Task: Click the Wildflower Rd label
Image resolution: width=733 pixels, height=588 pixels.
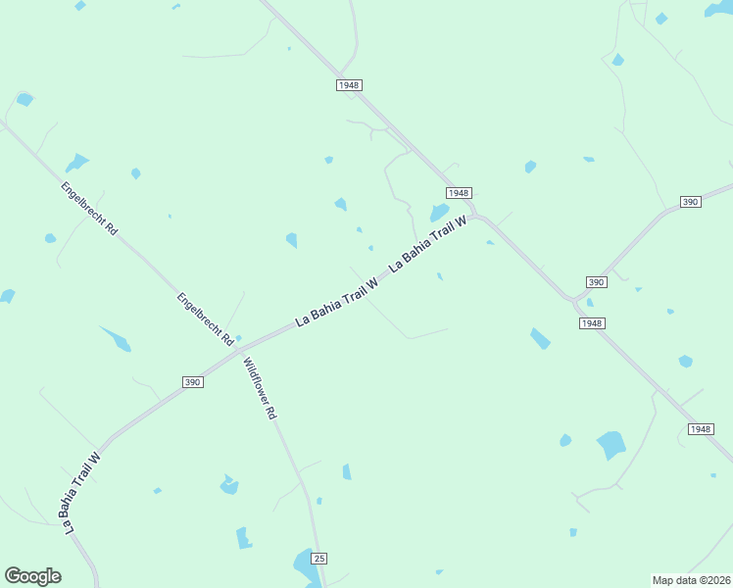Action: [x=261, y=388]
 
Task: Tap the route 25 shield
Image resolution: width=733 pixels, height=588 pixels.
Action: [x=318, y=558]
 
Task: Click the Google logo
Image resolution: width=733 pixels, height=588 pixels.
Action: [x=32, y=576]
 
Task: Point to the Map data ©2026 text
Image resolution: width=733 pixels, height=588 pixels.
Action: [x=691, y=579]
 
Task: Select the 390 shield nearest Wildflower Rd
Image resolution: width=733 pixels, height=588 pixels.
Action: [x=193, y=381]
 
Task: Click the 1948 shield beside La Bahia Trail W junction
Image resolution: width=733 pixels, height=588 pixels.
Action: [x=459, y=193]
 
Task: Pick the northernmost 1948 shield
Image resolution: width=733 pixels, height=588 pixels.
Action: [x=349, y=85]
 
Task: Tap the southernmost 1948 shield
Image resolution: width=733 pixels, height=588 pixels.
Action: [x=700, y=429]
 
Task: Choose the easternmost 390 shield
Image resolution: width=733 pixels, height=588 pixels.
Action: [x=690, y=202]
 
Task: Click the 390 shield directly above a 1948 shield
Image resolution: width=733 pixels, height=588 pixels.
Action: [x=597, y=281]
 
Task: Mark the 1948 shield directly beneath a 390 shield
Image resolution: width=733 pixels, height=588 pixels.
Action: [x=592, y=322]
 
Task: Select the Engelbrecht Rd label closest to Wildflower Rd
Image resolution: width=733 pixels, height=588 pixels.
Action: [x=205, y=318]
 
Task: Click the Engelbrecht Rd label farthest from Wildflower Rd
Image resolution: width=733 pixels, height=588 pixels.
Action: [x=89, y=208]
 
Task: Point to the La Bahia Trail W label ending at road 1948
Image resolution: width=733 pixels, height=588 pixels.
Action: [x=428, y=244]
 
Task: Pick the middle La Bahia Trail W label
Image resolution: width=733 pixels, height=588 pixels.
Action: [x=336, y=302]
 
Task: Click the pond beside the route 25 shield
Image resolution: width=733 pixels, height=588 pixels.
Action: [x=304, y=563]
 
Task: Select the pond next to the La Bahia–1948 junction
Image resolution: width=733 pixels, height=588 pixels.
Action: [x=439, y=212]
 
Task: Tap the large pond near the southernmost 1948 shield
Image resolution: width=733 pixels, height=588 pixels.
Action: [x=611, y=445]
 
